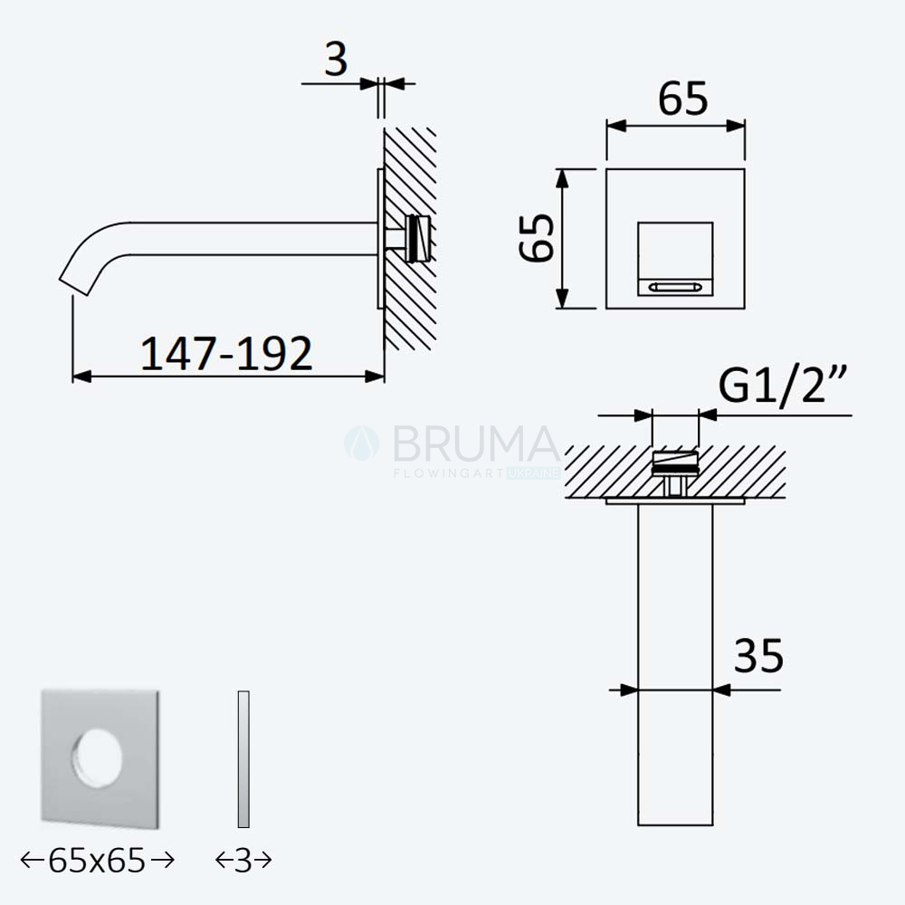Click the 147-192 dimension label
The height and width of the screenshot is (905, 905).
tap(226, 353)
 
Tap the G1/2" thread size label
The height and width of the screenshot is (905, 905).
tap(782, 385)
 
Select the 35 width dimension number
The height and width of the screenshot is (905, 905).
tap(758, 655)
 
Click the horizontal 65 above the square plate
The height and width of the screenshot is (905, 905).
tap(682, 99)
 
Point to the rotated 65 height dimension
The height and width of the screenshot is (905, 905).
tap(537, 238)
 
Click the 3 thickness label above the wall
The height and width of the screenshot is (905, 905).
tap(336, 59)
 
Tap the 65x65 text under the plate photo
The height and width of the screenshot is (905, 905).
tap(97, 861)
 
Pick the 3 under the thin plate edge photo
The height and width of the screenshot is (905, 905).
tap(243, 861)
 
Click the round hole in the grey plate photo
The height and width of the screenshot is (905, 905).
tap(97, 758)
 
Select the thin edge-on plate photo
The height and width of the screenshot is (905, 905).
tap(243, 759)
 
